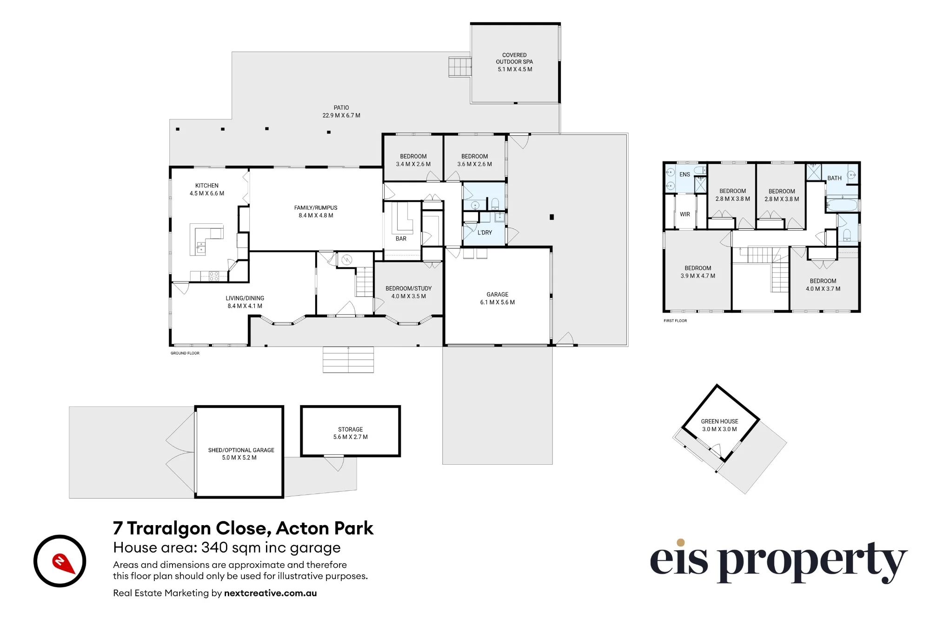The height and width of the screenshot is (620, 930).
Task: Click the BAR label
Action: (401, 239)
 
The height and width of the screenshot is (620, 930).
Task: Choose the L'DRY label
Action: (485, 233)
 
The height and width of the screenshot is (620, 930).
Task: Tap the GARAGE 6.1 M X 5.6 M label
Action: (498, 298)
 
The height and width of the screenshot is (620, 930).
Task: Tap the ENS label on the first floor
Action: (684, 175)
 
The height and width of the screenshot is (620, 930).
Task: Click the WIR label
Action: (685, 214)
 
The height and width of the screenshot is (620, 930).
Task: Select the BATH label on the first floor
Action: (834, 178)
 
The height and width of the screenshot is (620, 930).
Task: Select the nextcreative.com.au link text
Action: (270, 593)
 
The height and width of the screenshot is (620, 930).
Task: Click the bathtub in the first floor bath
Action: (842, 205)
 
